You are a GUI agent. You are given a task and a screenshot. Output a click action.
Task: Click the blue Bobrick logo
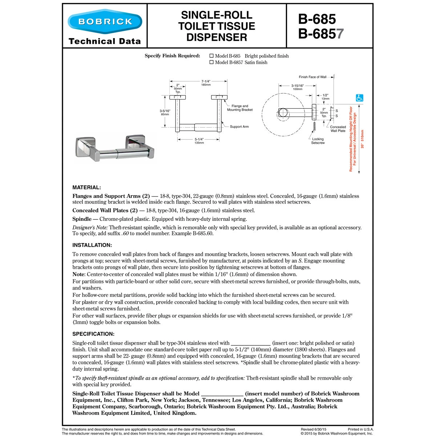[x=105, y=22]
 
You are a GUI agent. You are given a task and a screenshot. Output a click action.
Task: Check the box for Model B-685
[x=211, y=56]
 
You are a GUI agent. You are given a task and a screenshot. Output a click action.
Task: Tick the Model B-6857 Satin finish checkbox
[x=211, y=62]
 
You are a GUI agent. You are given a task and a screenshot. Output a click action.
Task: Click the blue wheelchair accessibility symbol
[x=359, y=98]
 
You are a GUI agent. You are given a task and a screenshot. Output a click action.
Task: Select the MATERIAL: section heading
[x=86, y=187]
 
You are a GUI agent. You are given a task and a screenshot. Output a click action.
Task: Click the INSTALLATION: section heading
[x=92, y=245]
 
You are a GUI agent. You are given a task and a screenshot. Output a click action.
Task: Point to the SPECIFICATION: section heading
[x=93, y=334]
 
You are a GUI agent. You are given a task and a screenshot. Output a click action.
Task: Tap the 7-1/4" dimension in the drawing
[x=206, y=81]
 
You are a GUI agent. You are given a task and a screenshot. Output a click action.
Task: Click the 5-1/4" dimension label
[x=199, y=139]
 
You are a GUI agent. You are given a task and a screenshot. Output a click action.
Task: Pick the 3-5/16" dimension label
[x=165, y=111]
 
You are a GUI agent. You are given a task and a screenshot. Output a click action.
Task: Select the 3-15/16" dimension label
[x=298, y=86]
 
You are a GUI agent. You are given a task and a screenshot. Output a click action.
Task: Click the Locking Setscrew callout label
[x=318, y=141]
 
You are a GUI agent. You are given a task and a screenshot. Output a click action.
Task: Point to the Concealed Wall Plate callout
[x=338, y=129]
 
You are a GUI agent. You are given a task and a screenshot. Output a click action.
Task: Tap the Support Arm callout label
[x=239, y=127]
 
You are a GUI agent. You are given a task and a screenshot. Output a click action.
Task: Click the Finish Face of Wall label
[x=312, y=77]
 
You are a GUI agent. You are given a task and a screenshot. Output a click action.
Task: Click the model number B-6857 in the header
[x=320, y=34]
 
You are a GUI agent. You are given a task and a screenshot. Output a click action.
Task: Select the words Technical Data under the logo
[x=105, y=41]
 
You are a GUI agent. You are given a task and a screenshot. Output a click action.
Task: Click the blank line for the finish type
[x=251, y=343]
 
